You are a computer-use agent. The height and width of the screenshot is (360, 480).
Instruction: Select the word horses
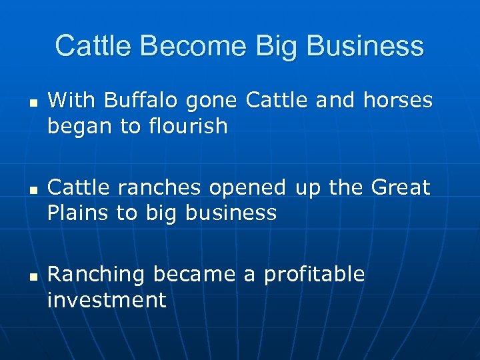point(398,101)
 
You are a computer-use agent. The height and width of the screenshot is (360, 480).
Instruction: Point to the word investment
point(107,300)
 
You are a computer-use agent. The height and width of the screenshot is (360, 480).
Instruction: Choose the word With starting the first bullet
point(71,101)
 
